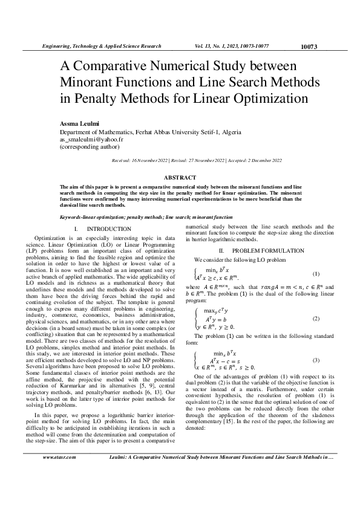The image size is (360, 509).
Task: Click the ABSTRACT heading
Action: [180, 177]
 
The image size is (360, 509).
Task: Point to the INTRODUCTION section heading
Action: [109, 229]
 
